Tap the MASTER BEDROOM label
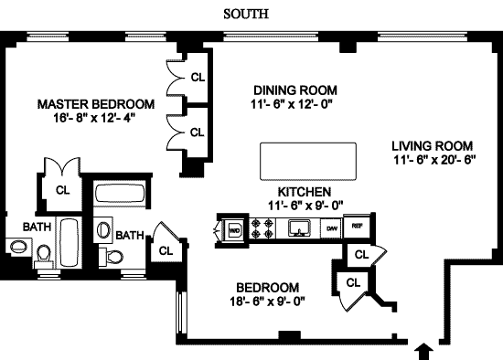pos(96,104)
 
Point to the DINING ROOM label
pos(295,90)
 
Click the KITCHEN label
pos(304,192)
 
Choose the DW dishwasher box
pos(333,228)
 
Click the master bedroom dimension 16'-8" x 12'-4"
pos(96,119)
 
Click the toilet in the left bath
pos(43,253)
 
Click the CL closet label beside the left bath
pos(63,191)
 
